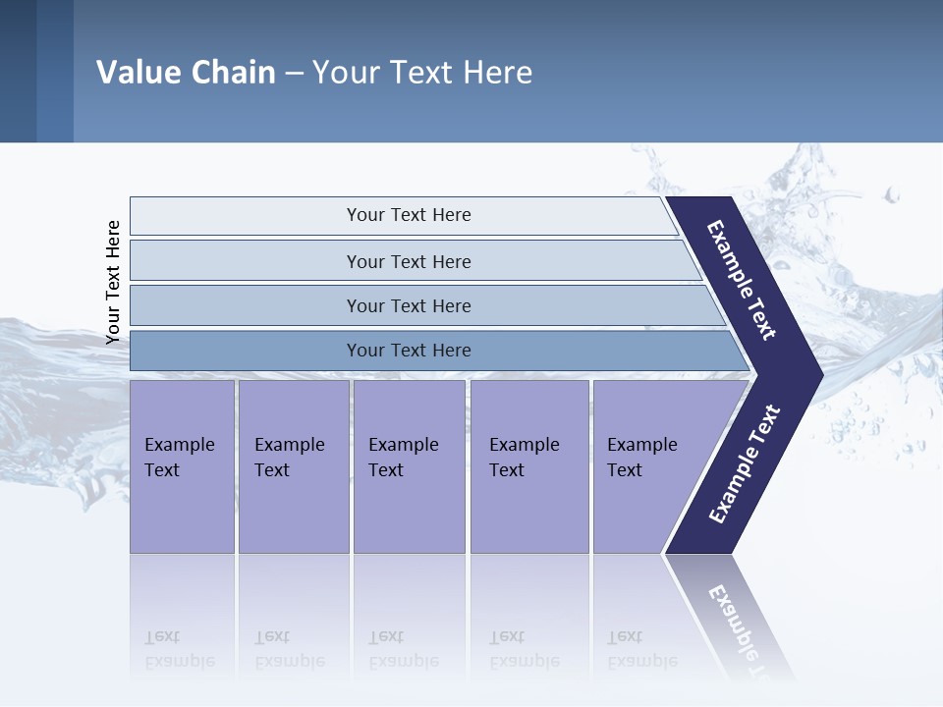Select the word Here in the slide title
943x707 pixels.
(497, 73)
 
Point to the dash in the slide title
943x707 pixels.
(294, 74)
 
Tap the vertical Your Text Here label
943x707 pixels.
(113, 283)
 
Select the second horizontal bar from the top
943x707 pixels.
(408, 261)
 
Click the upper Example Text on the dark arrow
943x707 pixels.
(742, 281)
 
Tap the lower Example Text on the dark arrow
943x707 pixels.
(745, 463)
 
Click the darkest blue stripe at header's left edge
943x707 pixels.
(18, 71)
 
